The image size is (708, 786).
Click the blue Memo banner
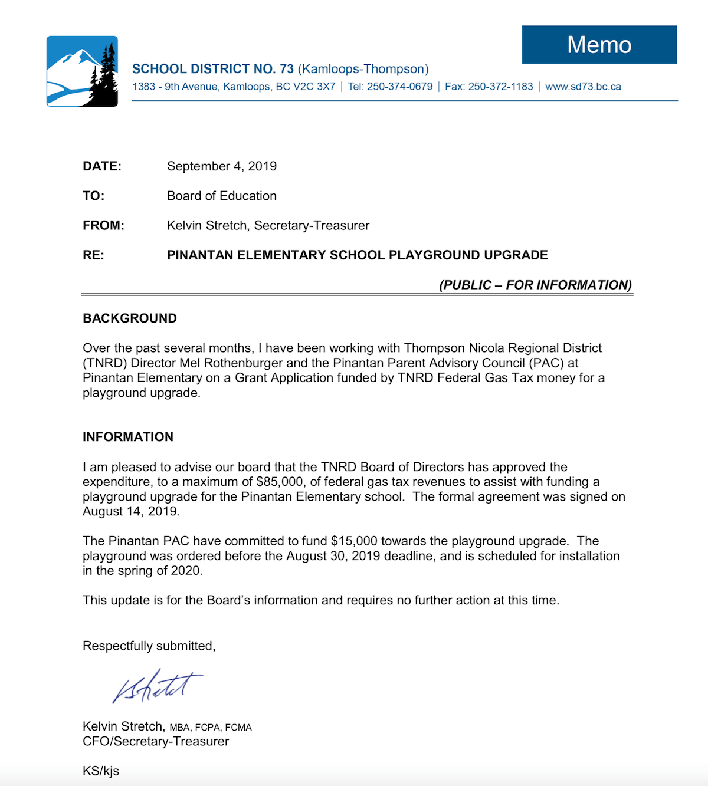pos(599,45)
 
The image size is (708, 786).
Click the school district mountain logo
pos(82,71)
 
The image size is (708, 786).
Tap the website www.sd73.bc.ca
pos(583,87)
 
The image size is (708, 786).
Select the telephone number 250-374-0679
pos(399,87)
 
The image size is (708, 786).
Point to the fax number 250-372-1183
pos(500,87)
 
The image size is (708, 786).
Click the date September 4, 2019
pos(222,166)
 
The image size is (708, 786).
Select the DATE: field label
pos(102,166)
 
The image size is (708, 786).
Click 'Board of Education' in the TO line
pos(222,196)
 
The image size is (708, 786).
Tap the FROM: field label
pos(103,225)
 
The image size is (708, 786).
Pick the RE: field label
pos(93,255)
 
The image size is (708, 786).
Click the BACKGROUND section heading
pos(130,318)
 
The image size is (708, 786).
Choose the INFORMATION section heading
pos(128,437)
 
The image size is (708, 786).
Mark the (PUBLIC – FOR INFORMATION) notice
pos(535,285)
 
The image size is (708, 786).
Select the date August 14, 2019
pos(130,511)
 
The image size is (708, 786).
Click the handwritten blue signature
pos(156,687)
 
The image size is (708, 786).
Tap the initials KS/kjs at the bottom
pos(101,771)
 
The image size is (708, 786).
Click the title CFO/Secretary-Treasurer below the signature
pos(156,741)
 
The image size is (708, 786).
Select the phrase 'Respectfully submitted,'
pos(149,646)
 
